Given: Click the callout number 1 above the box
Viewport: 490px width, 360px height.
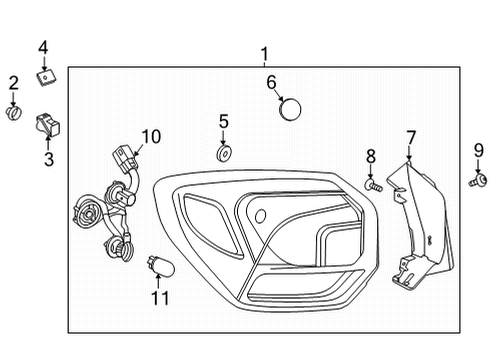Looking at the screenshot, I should (x=264, y=54).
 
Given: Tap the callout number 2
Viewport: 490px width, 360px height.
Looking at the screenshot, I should (x=14, y=83).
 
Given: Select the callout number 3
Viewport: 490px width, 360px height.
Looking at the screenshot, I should (x=47, y=158).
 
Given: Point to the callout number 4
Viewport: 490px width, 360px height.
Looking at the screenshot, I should (x=43, y=47).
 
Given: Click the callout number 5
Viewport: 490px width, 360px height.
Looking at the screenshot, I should (x=224, y=122).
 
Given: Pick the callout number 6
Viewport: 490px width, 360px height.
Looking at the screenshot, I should (x=270, y=82).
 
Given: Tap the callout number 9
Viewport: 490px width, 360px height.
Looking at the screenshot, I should (x=477, y=152).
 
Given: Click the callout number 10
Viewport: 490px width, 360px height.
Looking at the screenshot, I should (x=150, y=136).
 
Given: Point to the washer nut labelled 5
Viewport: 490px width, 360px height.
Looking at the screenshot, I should (x=223, y=154).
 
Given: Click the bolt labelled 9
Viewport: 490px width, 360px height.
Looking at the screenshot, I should (x=474, y=181).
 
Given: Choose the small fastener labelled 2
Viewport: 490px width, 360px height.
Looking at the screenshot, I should (x=14, y=113).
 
